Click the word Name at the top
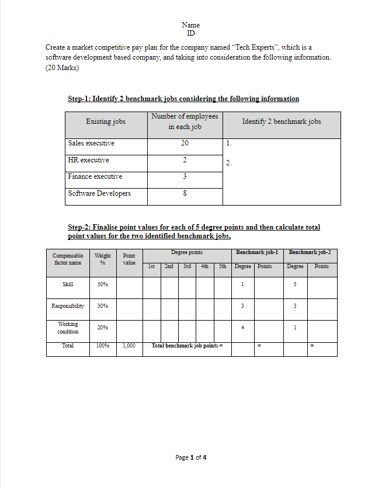click(190, 25)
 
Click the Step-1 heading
click(183, 99)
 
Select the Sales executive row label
click(91, 143)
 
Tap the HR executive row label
click(88, 160)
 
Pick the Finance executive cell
click(95, 176)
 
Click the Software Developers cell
click(99, 193)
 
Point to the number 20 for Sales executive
click(185, 144)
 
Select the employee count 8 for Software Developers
click(185, 194)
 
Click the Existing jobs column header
click(106, 121)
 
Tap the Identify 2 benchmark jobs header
click(281, 121)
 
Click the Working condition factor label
click(68, 328)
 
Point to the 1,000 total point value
click(129, 346)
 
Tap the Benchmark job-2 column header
click(310, 252)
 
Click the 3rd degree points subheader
click(187, 266)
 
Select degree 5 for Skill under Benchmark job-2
click(296, 284)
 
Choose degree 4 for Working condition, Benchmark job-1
click(242, 328)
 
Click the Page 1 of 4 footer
click(190, 457)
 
